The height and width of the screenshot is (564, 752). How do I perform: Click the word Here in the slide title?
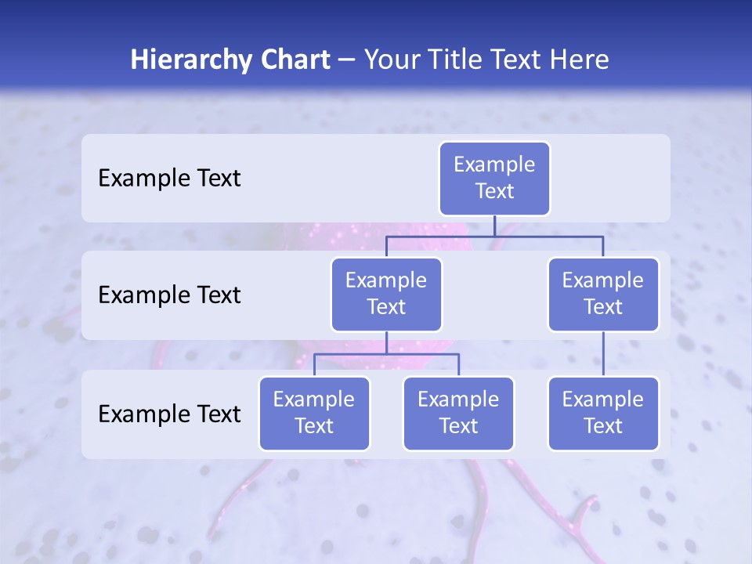(577, 60)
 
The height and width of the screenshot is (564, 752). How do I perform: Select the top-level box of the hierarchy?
(494, 179)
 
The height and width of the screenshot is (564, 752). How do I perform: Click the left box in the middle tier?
(386, 294)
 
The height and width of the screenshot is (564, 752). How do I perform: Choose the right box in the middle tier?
(603, 294)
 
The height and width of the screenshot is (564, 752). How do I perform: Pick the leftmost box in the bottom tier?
(314, 413)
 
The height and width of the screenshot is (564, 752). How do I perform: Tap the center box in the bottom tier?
(458, 413)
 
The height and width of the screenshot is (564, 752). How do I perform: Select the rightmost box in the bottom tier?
(603, 413)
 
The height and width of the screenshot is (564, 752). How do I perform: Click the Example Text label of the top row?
(169, 179)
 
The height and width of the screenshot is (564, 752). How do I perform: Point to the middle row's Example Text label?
(169, 295)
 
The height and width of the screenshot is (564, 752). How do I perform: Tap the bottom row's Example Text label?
(169, 414)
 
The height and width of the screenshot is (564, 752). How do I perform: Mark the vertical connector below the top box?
(494, 226)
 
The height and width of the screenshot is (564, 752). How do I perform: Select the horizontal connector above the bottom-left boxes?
(386, 354)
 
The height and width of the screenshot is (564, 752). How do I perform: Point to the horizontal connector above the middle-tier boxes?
(494, 236)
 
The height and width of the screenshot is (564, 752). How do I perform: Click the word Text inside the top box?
(494, 191)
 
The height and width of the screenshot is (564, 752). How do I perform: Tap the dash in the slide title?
(346, 60)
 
